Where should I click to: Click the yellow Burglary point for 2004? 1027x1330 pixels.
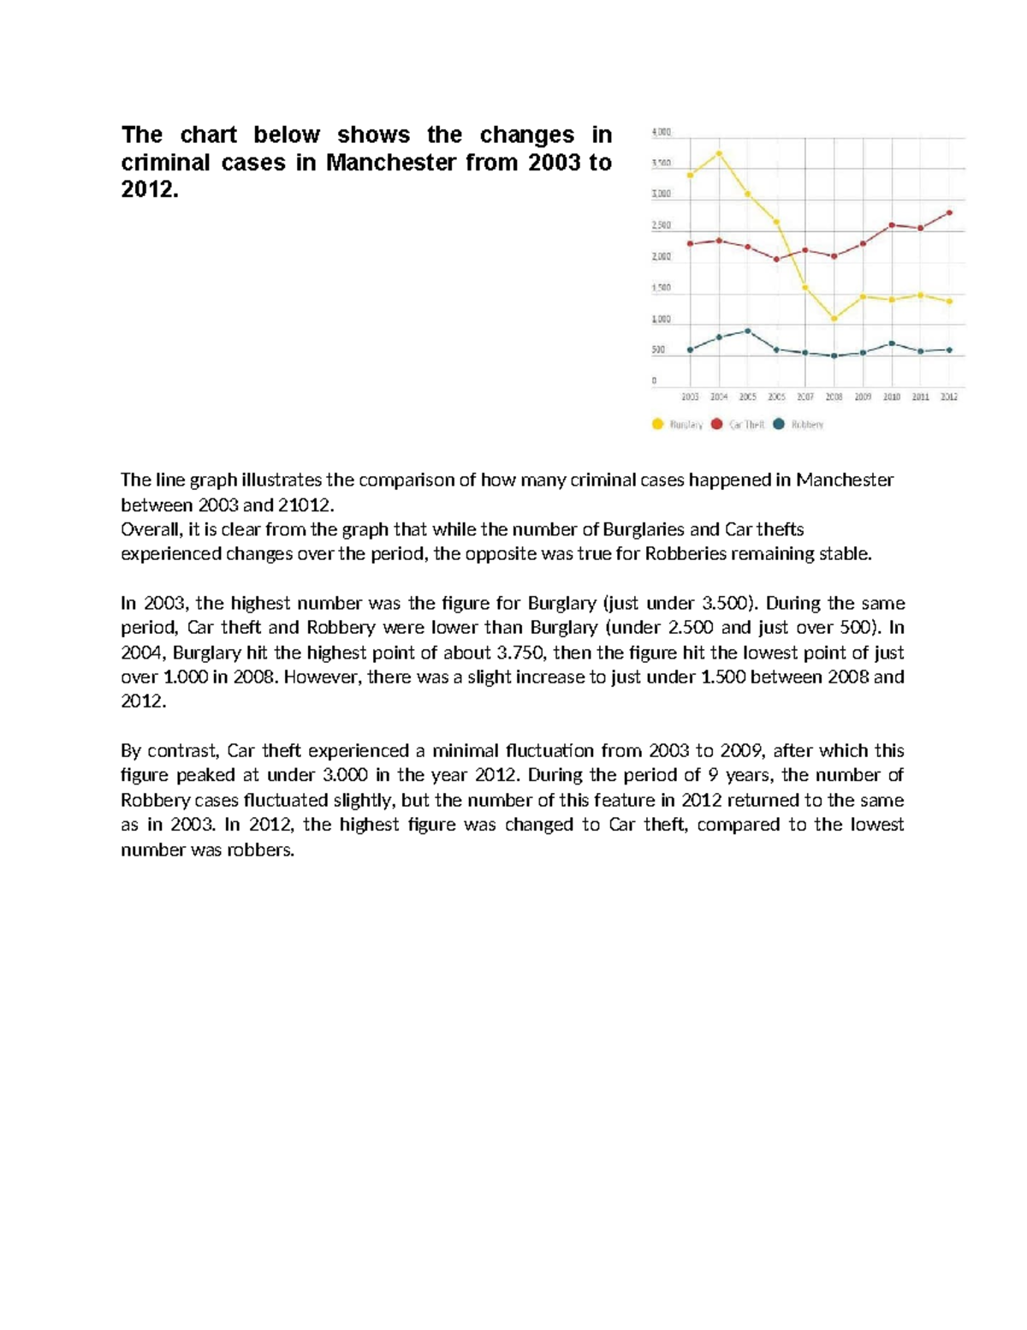pyautogui.click(x=719, y=154)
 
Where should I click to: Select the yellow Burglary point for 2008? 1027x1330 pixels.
pyautogui.click(x=834, y=319)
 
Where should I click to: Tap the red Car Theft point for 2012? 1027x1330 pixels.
pyautogui.click(x=950, y=212)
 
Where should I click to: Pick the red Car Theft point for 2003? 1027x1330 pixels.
pyautogui.click(x=690, y=244)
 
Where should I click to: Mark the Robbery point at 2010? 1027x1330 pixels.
pyautogui.click(x=892, y=343)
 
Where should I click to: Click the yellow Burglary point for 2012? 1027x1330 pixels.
pyautogui.click(x=950, y=301)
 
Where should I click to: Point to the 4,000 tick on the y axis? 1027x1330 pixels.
pyautogui.click(x=662, y=133)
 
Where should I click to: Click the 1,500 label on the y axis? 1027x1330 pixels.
pyautogui.click(x=662, y=289)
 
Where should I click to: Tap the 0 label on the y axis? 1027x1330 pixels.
pyautogui.click(x=655, y=380)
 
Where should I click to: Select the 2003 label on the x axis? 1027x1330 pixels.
pyautogui.click(x=690, y=397)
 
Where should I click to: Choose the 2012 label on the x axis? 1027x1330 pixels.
pyautogui.click(x=949, y=397)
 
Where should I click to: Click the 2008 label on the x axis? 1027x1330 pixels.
pyautogui.click(x=834, y=397)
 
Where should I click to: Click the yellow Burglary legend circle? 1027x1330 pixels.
pyautogui.click(x=657, y=424)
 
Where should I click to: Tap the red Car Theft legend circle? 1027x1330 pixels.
pyautogui.click(x=716, y=424)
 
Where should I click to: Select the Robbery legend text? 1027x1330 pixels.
pyautogui.click(x=807, y=425)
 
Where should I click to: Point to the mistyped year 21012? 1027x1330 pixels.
pyautogui.click(x=304, y=504)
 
